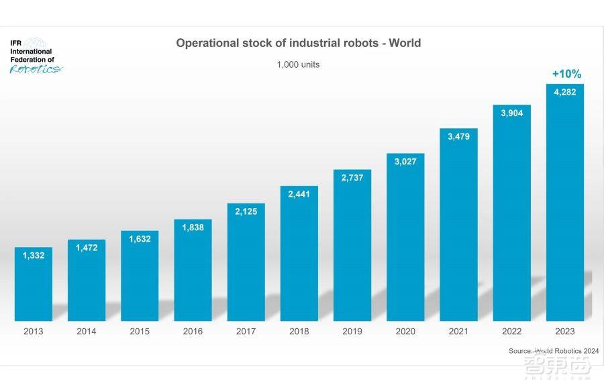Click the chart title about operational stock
click(x=298, y=43)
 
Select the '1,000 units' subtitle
click(x=298, y=65)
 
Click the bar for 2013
click(x=34, y=285)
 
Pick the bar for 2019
click(x=352, y=248)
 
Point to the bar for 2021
click(x=458, y=228)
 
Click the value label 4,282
click(x=564, y=93)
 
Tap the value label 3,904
click(x=511, y=113)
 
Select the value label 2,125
click(x=246, y=212)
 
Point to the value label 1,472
click(x=87, y=248)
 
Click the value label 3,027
click(x=405, y=162)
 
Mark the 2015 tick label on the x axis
click(x=140, y=332)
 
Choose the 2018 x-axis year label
click(x=299, y=332)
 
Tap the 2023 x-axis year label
click(x=564, y=332)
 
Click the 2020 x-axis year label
click(x=405, y=332)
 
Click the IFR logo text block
click(x=31, y=51)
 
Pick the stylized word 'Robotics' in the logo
click(x=35, y=68)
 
